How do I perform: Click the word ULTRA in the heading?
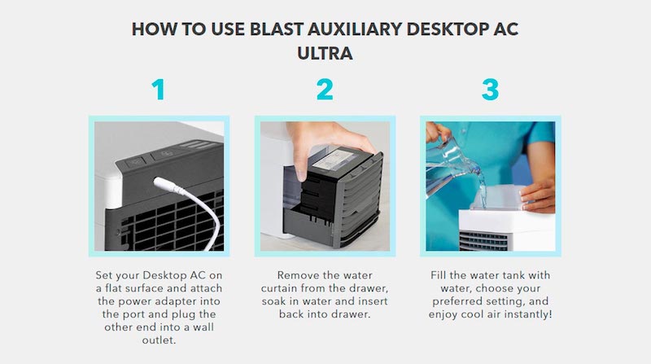coord(325,53)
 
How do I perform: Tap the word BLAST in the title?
coord(277,29)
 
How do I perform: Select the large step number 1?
coord(159,90)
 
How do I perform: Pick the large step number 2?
coord(325,90)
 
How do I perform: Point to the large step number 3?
coord(491,90)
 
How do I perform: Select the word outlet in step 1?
coord(159,340)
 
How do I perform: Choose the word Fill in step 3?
coord(439,275)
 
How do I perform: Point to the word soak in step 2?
coord(273,301)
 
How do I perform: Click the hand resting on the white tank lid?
coord(538,195)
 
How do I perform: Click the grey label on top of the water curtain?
coord(334,160)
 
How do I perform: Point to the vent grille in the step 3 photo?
coord(484,241)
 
